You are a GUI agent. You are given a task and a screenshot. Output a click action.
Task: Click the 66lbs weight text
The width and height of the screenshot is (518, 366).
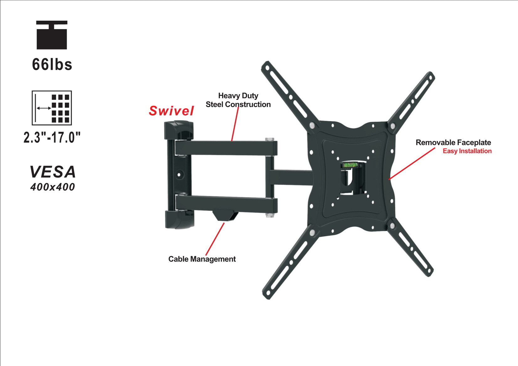pos(52,64)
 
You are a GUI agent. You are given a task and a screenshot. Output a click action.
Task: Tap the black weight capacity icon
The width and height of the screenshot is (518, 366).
pos(52,35)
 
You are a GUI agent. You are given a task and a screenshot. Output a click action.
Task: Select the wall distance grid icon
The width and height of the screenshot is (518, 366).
pos(52,108)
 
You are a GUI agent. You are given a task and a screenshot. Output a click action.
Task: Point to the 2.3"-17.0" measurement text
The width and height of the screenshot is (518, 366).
pos(52,137)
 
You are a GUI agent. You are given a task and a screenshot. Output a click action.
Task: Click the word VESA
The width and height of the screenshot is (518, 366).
pos(53,172)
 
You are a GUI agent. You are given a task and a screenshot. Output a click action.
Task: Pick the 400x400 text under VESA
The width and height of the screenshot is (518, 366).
pos(53,187)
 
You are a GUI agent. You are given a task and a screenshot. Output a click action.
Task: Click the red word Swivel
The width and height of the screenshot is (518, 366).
pos(171,111)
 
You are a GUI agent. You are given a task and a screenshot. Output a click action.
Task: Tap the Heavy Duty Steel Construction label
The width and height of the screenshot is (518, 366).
pos(238,100)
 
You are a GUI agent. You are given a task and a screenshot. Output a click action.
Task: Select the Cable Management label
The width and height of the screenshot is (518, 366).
pos(202,259)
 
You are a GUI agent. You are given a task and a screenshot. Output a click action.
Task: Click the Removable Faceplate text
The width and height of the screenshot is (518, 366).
pos(453,142)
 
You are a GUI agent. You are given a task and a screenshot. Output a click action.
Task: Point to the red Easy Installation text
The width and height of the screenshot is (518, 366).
pos(467,151)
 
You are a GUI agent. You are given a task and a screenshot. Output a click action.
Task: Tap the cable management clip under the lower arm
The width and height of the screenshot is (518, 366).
pos(225,215)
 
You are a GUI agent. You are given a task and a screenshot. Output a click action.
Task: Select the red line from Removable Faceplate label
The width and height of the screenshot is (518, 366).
pos(412,163)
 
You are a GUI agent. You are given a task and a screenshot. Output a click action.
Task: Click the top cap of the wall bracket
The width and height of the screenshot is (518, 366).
pos(179,130)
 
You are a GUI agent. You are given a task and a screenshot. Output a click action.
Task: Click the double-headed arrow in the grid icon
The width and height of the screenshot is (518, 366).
pos(44,108)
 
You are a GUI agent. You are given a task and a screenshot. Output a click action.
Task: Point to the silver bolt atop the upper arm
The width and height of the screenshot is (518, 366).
pos(269,139)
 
